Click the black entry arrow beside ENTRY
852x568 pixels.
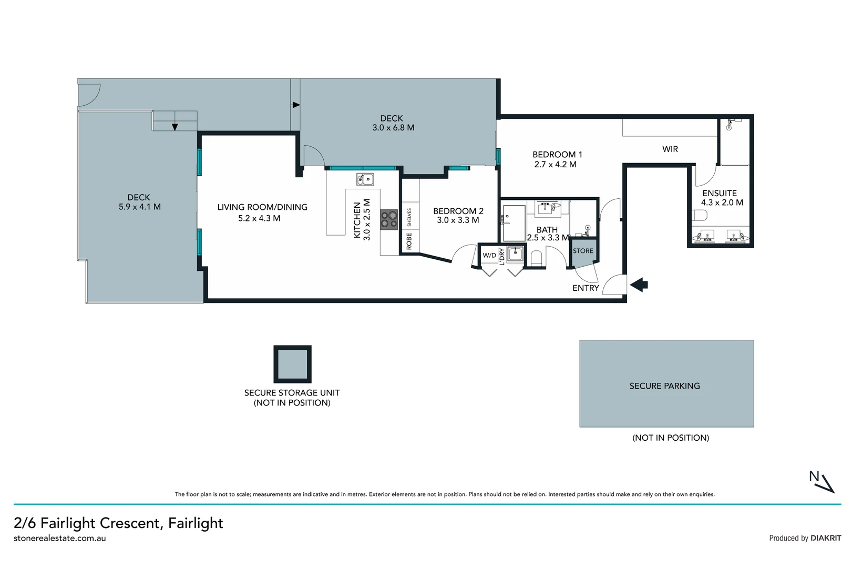(x=639, y=285)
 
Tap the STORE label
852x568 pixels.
(x=583, y=251)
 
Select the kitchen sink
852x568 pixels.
(x=365, y=179)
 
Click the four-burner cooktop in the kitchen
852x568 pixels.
(x=389, y=219)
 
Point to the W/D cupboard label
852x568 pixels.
(x=489, y=255)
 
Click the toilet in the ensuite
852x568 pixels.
(x=700, y=216)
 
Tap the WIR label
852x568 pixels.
(x=670, y=149)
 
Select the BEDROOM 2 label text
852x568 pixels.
(x=458, y=211)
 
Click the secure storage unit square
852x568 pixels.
(x=292, y=364)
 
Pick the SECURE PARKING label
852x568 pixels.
(x=664, y=386)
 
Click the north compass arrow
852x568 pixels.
(x=823, y=482)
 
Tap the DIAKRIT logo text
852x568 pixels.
(x=826, y=538)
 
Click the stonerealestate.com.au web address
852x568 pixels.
(x=60, y=538)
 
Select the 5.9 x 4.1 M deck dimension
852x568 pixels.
(x=140, y=207)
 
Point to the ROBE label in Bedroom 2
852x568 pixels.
(x=409, y=241)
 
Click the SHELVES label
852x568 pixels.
(x=409, y=217)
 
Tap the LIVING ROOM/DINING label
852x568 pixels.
(x=262, y=207)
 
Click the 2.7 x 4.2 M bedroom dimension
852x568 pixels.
(x=555, y=165)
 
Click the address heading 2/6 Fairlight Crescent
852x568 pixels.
(x=118, y=523)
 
